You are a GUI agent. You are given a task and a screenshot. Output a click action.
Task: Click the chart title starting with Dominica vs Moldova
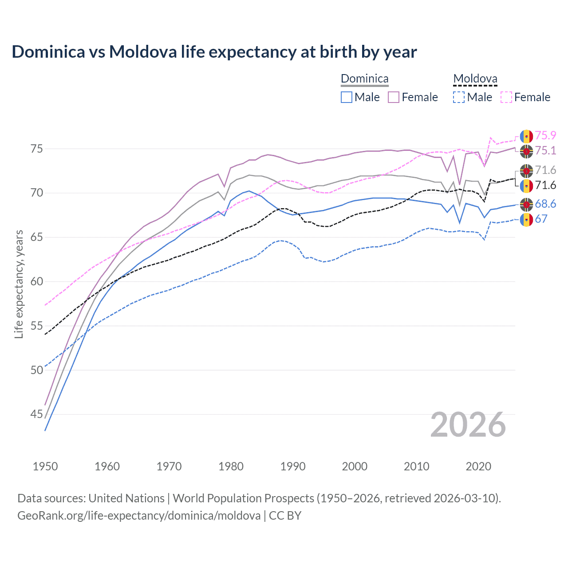(214, 52)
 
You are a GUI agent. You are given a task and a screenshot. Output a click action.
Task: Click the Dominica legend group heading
(364, 79)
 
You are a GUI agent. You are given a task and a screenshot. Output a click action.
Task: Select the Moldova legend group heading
(475, 79)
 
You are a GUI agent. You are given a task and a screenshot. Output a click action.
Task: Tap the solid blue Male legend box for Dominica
(347, 97)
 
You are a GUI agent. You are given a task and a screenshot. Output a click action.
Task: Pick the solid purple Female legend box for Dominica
(394, 97)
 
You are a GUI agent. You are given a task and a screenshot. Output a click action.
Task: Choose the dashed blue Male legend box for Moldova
(459, 97)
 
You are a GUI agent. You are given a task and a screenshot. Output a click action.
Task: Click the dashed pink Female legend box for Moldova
(506, 97)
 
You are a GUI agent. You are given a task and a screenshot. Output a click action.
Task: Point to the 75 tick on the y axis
(37, 149)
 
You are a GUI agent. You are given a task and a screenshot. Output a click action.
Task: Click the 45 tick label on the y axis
(37, 414)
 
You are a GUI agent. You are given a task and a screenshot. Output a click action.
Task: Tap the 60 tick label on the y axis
(37, 281)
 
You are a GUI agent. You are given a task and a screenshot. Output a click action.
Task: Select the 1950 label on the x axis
(45, 466)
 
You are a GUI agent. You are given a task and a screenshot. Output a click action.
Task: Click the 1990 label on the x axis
(293, 466)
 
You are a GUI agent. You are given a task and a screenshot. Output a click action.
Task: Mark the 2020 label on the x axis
(478, 466)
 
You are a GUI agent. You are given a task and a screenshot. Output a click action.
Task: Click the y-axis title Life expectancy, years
(19, 284)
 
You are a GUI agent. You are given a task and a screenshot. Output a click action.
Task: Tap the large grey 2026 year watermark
(468, 425)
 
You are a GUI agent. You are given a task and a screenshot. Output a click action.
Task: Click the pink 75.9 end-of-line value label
(545, 136)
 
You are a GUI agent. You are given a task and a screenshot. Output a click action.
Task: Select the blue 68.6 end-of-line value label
(545, 204)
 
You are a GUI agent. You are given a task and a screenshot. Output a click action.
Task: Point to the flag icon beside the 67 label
(526, 219)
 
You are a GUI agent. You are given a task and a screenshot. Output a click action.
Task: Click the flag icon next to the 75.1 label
(526, 151)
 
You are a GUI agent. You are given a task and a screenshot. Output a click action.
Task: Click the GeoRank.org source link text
(139, 516)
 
